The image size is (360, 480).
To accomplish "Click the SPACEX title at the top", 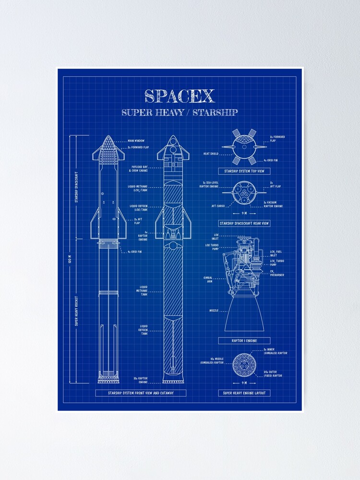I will [180, 96].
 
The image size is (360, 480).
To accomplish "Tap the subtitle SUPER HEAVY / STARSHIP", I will [180, 113].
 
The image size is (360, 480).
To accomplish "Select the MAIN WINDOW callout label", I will [137, 141].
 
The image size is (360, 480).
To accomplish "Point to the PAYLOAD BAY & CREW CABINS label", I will [139, 169].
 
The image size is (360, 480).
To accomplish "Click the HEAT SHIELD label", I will [211, 154].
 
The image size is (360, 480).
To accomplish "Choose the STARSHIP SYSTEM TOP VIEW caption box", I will [244, 171].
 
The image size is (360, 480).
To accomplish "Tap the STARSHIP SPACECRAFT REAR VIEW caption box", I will [244, 223].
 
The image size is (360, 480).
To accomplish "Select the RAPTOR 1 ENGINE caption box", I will [244, 341].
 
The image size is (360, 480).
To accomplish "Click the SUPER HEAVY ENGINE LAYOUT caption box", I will [244, 393].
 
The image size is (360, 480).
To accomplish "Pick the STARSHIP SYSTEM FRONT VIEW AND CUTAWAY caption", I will [141, 393].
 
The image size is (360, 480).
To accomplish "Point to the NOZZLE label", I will [214, 311].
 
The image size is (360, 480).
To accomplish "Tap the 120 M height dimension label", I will [70, 259].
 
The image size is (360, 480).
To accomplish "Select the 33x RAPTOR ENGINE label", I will [141, 380].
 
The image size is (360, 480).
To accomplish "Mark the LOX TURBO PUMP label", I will [212, 247].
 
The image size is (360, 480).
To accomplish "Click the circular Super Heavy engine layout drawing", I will [244, 364].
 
